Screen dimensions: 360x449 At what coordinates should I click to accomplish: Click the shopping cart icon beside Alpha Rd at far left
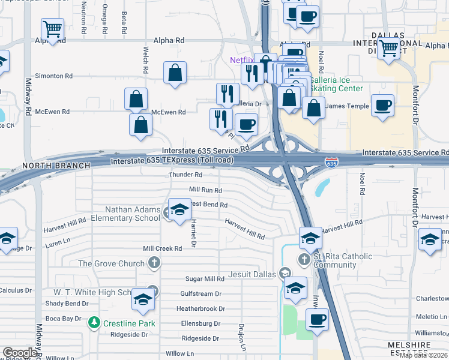pyautogui.click(x=52, y=29)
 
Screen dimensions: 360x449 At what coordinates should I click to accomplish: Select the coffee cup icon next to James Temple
pyautogui.click(x=382, y=106)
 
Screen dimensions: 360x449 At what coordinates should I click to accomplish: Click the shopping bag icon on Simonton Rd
pyautogui.click(x=174, y=73)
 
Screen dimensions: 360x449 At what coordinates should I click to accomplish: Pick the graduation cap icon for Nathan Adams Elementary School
pyautogui.click(x=178, y=210)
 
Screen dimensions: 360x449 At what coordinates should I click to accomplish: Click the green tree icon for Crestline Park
pyautogui.click(x=94, y=323)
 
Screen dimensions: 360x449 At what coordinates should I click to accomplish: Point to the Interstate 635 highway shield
pyautogui.click(x=331, y=163)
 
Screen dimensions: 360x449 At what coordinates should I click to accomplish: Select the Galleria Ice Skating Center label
pyautogui.click(x=337, y=84)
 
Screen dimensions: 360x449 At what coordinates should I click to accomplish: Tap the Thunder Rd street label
pyautogui.click(x=185, y=175)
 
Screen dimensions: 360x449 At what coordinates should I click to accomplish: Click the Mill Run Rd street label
pyautogui.click(x=205, y=190)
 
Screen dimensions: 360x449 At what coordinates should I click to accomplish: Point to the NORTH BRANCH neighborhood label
pyautogui.click(x=56, y=165)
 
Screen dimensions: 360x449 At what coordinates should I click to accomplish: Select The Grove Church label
pyautogui.click(x=111, y=263)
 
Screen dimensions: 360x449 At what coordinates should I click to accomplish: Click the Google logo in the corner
pyautogui.click(x=20, y=353)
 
